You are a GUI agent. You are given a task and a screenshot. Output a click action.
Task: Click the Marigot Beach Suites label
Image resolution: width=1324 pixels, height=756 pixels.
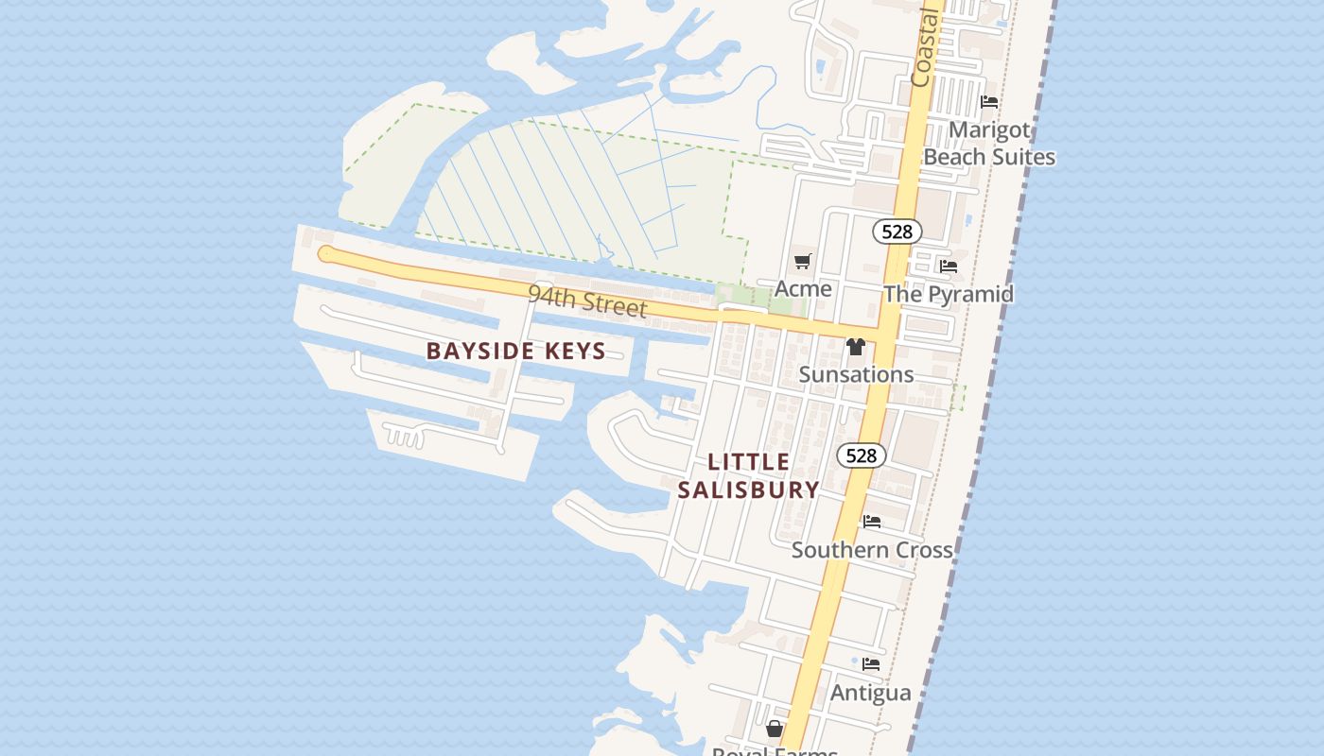point(988,143)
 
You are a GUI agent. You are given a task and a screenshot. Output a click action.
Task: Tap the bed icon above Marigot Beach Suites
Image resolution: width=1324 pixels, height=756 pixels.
point(989,101)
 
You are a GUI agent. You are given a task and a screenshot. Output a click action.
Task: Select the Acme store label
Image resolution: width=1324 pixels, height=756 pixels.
point(803,288)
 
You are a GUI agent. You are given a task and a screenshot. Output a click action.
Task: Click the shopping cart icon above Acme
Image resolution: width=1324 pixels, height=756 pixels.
point(803,262)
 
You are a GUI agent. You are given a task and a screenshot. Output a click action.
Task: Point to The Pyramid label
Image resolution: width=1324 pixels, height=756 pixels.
point(948,294)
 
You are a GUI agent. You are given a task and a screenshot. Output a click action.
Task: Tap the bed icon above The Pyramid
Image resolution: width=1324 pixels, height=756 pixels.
point(949,266)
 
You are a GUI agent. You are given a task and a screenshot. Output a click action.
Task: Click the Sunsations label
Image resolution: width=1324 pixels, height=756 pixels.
point(856,374)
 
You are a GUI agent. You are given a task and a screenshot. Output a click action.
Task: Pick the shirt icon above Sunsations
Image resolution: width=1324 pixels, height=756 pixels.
point(856,347)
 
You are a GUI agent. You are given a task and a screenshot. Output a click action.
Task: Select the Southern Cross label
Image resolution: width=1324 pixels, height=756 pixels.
point(872,549)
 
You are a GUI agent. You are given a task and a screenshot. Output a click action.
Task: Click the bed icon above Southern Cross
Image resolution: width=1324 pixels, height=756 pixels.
point(872,521)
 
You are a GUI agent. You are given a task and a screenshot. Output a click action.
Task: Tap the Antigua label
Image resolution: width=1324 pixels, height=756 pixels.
point(870,693)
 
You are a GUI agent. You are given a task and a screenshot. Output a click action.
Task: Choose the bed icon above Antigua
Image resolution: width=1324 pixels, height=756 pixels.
point(871,664)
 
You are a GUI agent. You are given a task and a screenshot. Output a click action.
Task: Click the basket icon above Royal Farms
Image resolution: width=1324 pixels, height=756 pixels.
point(775,728)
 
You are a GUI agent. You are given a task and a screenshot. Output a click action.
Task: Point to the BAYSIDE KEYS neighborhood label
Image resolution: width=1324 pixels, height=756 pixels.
point(515,351)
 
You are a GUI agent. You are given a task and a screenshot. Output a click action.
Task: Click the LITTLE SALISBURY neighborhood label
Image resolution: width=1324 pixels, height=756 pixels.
point(748,475)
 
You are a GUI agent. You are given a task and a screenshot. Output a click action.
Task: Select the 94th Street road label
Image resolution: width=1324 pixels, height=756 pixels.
point(587,301)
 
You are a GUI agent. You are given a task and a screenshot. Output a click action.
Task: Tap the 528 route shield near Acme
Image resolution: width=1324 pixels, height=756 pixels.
point(897,232)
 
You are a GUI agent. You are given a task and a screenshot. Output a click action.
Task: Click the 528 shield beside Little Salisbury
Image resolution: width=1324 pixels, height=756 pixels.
point(861,455)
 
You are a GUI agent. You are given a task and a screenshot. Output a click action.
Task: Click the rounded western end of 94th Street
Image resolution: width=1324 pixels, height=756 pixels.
point(325,253)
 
